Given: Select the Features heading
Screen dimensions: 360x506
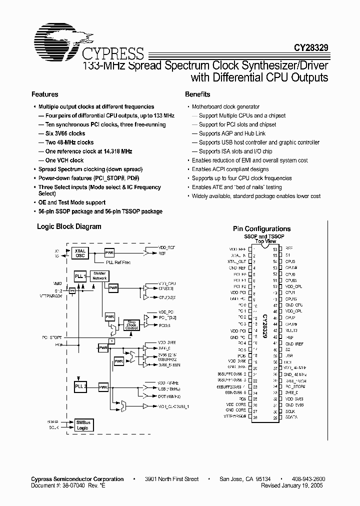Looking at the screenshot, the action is pyautogui.click(x=45, y=94).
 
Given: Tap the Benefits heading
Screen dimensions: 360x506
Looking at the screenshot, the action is pyautogui.click(x=197, y=94).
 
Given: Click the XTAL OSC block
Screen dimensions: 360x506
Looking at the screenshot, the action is pyautogui.click(x=80, y=252).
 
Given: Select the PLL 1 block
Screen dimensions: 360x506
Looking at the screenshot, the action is pyautogui.click(x=79, y=276).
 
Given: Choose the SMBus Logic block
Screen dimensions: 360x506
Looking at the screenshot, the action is pyautogui.click(x=82, y=425).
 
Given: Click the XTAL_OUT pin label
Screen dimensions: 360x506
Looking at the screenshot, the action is pyautogui.click(x=237, y=261).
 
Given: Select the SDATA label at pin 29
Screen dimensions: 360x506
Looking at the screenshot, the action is pyautogui.click(x=291, y=417).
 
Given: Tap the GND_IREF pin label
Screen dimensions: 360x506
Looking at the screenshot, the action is pyautogui.click(x=294, y=343).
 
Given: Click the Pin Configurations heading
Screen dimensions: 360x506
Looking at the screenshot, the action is pyautogui.click(x=261, y=229).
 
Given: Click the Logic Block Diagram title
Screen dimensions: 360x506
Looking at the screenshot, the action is pyautogui.click(x=69, y=226).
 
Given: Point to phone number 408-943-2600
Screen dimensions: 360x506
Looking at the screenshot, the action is pyautogui.click(x=307, y=479).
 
